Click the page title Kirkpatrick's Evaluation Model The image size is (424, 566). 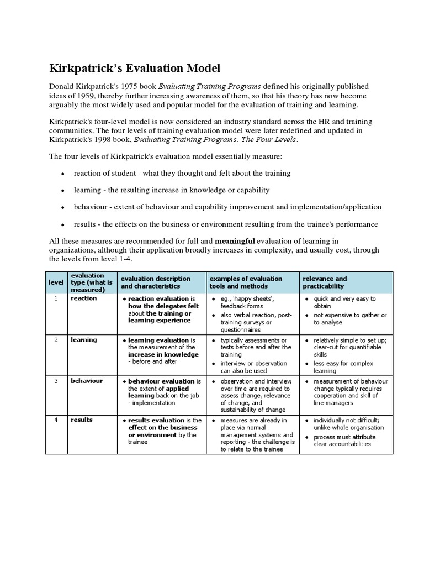click(135, 69)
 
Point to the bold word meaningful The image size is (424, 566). click(235, 241)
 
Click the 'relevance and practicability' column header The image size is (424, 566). click(325, 282)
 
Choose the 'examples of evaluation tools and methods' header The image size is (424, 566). click(246, 282)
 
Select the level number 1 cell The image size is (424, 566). click(56, 298)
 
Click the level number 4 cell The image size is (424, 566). click(56, 420)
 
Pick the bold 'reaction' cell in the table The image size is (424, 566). click(83, 298)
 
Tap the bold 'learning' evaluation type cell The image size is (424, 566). click(83, 340)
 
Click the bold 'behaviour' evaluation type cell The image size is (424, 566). click(86, 381)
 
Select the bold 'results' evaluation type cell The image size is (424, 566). click(82, 420)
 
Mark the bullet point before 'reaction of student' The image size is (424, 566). click(62, 174)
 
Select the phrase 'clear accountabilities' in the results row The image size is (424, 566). click(342, 444)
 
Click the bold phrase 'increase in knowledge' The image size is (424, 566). click(163, 355)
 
